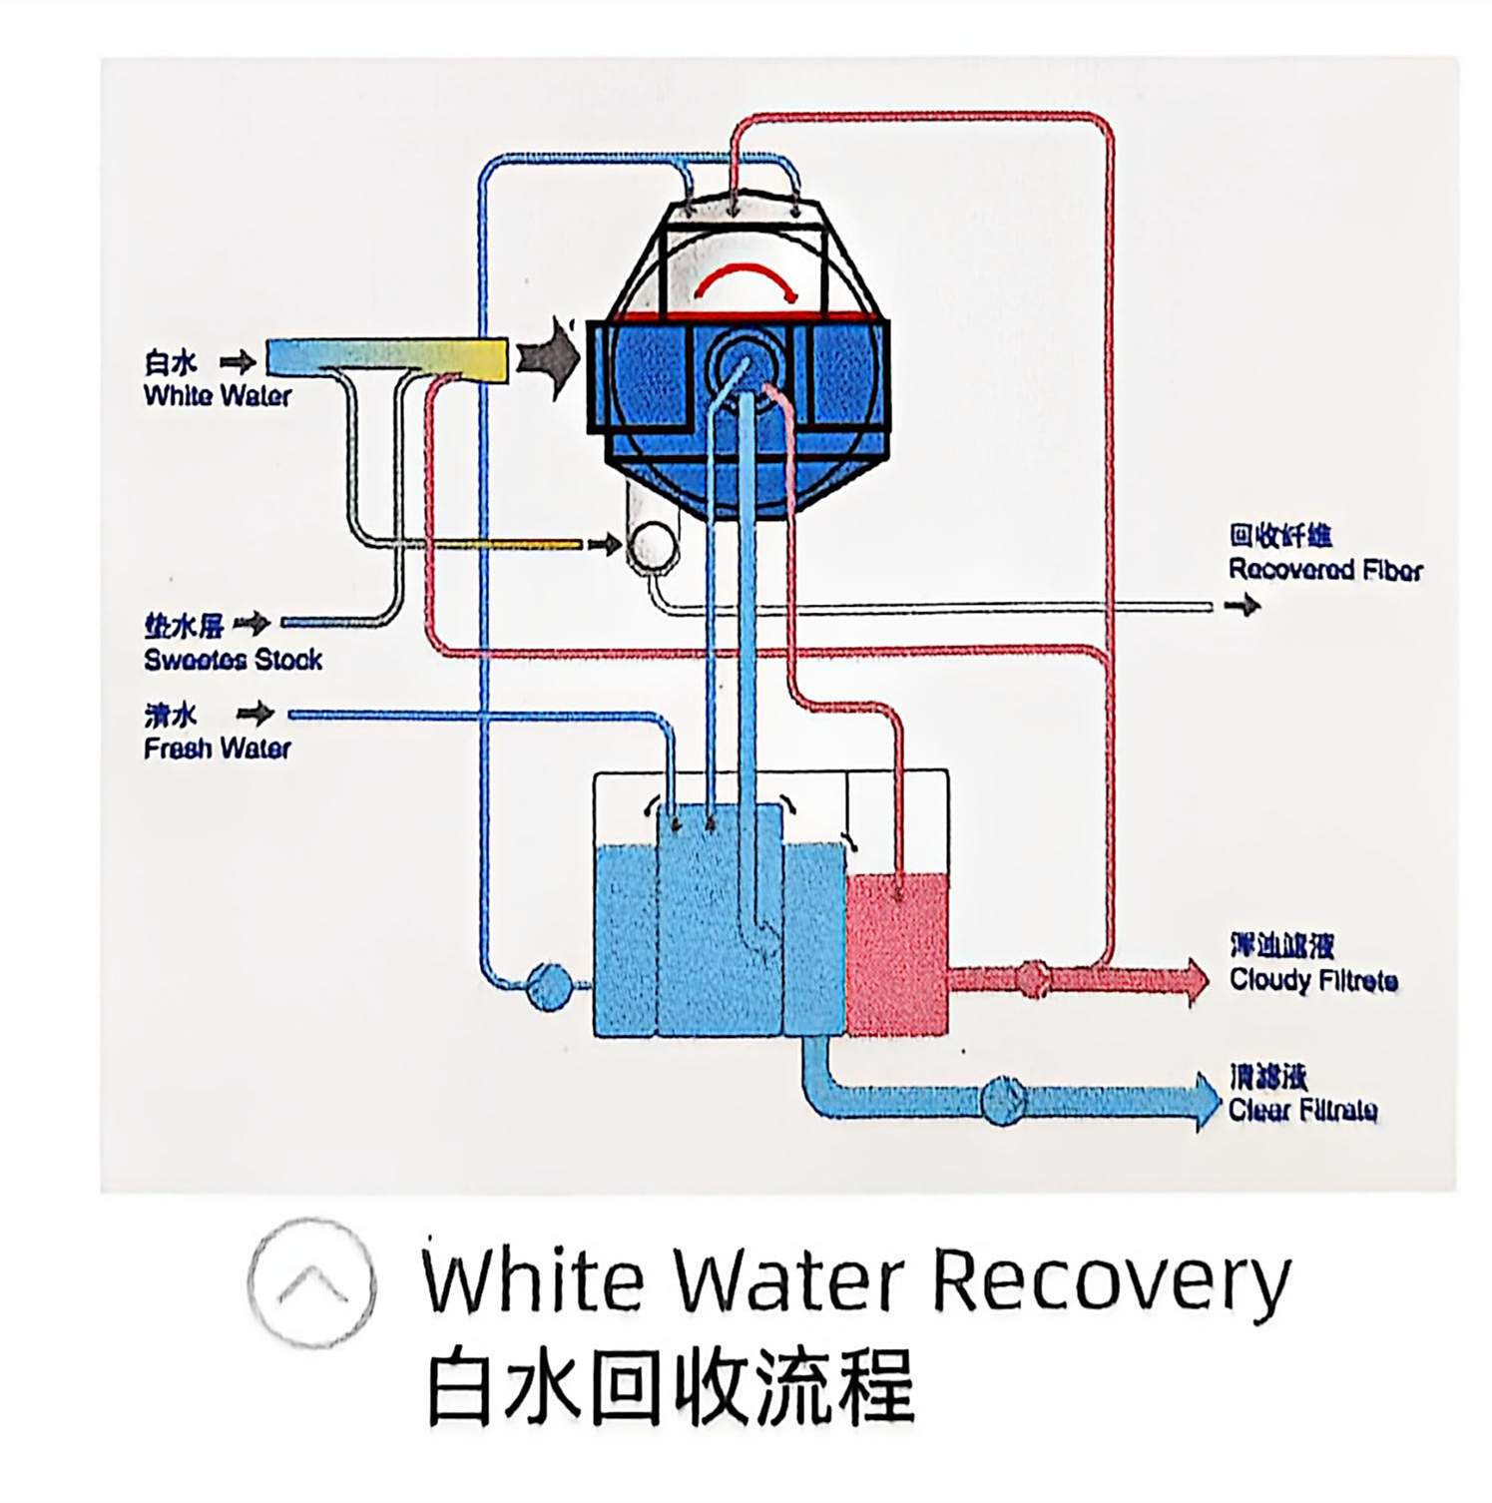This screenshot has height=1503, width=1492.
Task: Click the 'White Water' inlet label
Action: click(217, 394)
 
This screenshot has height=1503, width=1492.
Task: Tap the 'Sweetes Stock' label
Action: click(232, 659)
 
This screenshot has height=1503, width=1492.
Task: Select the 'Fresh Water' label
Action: click(217, 748)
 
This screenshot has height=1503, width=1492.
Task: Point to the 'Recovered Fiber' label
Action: click(1324, 569)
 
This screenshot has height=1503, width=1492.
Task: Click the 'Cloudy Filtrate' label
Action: click(1312, 979)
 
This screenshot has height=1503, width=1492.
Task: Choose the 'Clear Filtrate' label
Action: click(1302, 1110)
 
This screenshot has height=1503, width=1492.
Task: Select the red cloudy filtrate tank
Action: click(896, 953)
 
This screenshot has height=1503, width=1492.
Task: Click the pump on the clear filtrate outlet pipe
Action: click(1002, 1099)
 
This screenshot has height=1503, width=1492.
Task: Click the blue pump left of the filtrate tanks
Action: click(548, 986)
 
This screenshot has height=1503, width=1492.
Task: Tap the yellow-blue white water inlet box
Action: click(387, 359)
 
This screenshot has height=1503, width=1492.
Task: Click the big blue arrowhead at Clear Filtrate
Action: click(1206, 1100)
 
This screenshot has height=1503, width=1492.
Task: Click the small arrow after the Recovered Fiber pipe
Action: click(1243, 605)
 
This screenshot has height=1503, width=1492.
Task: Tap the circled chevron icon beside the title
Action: click(311, 1283)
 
